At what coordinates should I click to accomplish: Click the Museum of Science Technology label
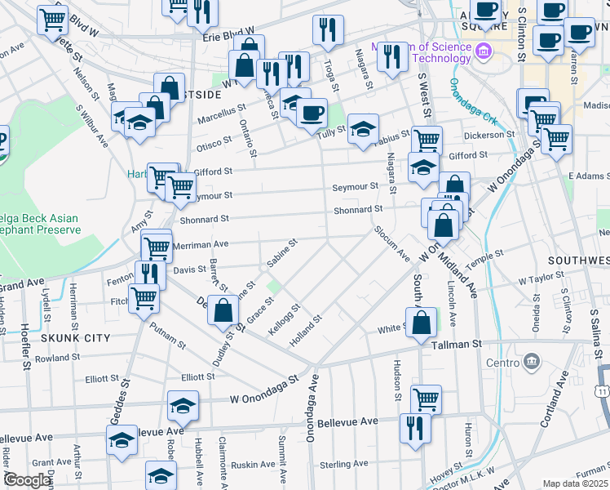click(x=421, y=51)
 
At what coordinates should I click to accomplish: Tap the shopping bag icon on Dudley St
click(x=223, y=310)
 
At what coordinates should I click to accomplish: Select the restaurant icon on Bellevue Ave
click(x=415, y=426)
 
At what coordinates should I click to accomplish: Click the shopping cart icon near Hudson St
click(x=426, y=399)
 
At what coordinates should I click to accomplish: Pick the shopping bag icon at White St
click(x=421, y=321)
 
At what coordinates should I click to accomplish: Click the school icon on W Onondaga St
click(x=183, y=404)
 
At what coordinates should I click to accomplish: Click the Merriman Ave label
click(x=206, y=243)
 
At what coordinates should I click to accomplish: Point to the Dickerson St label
click(x=489, y=135)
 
